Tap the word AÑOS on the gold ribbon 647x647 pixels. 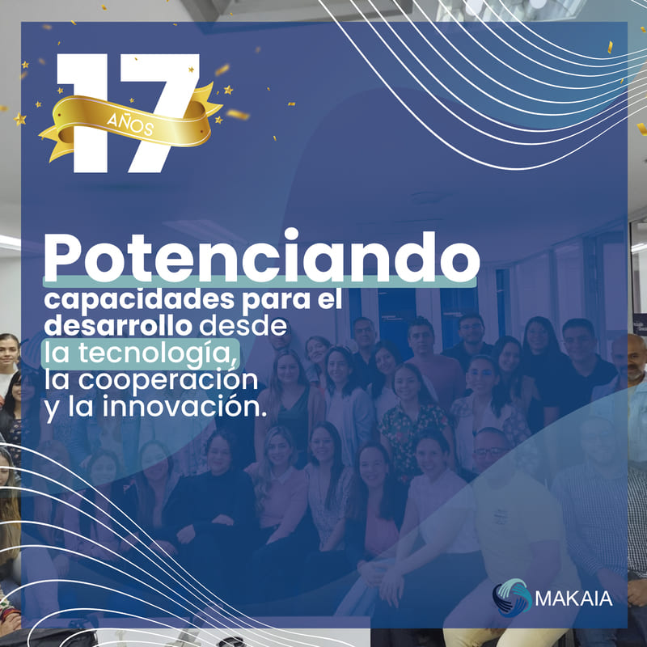point(130,124)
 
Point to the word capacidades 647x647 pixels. point(139,300)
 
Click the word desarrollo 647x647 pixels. point(118,325)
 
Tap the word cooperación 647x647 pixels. point(168,379)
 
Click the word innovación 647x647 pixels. point(184,406)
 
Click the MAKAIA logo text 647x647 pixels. point(573,598)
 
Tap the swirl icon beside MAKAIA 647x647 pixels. point(512,598)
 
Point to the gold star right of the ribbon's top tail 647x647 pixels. point(228,90)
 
